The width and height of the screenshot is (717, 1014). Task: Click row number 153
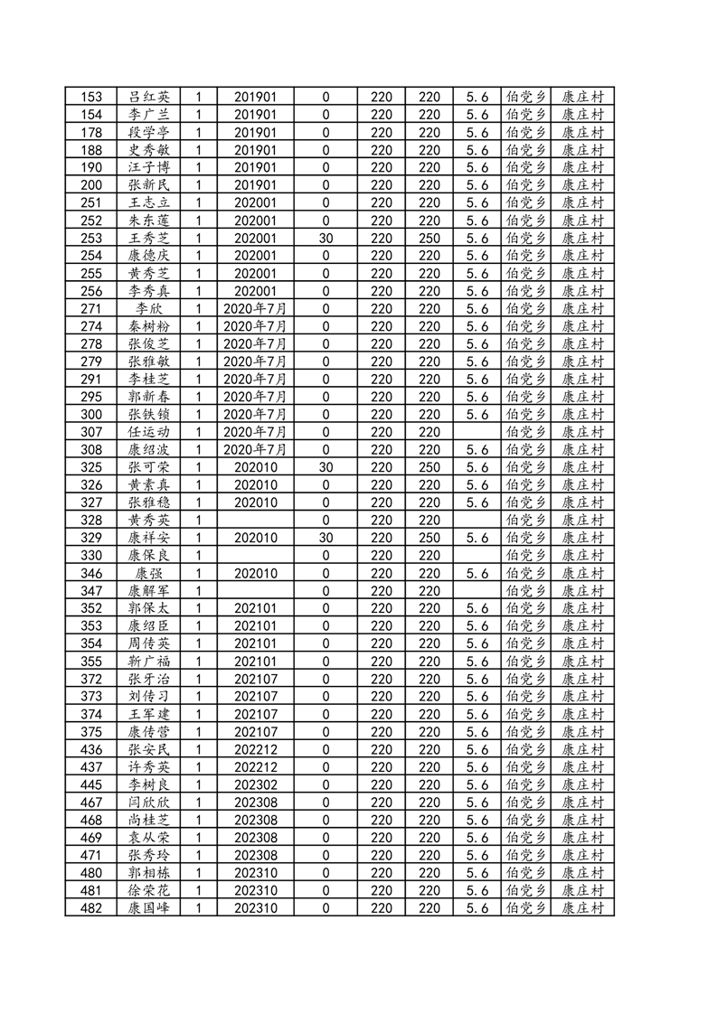point(92,97)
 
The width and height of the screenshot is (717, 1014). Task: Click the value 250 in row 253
point(429,238)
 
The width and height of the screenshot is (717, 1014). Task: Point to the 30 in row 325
point(325,467)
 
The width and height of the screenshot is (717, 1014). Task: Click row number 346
point(92,573)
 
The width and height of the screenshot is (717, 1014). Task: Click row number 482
point(92,907)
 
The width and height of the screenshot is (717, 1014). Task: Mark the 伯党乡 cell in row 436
point(526,749)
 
